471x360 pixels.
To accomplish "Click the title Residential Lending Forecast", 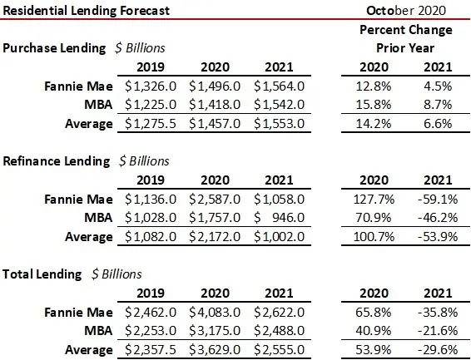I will point(86,11).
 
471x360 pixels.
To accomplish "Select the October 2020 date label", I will point(406,11).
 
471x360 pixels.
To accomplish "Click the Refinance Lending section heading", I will point(57,160).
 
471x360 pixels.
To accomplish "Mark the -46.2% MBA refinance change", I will point(434,218).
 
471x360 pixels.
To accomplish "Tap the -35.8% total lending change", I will point(434,313).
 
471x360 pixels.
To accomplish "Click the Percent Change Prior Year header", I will point(405,38).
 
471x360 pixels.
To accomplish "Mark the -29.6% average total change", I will point(434,349).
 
